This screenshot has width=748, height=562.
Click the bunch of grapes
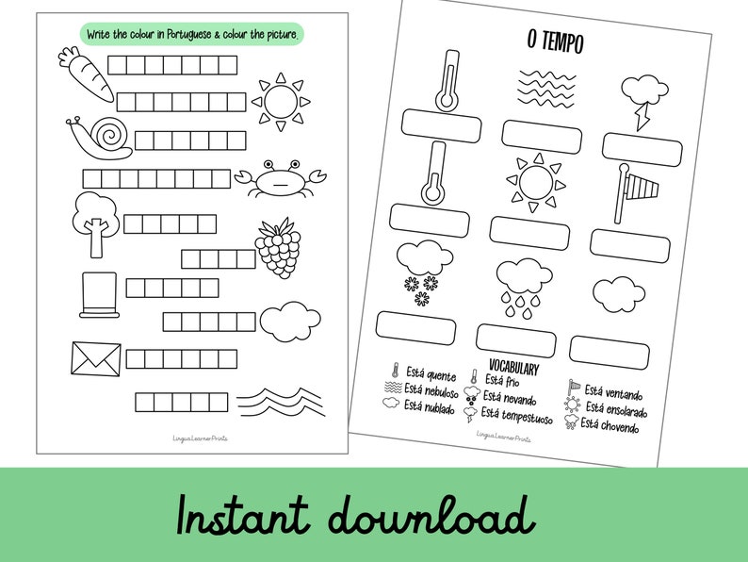[278, 247]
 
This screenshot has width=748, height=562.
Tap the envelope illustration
[96, 358]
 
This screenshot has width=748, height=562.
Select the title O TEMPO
[556, 42]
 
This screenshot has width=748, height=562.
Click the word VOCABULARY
[513, 366]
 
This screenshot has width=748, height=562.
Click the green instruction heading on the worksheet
[192, 34]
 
